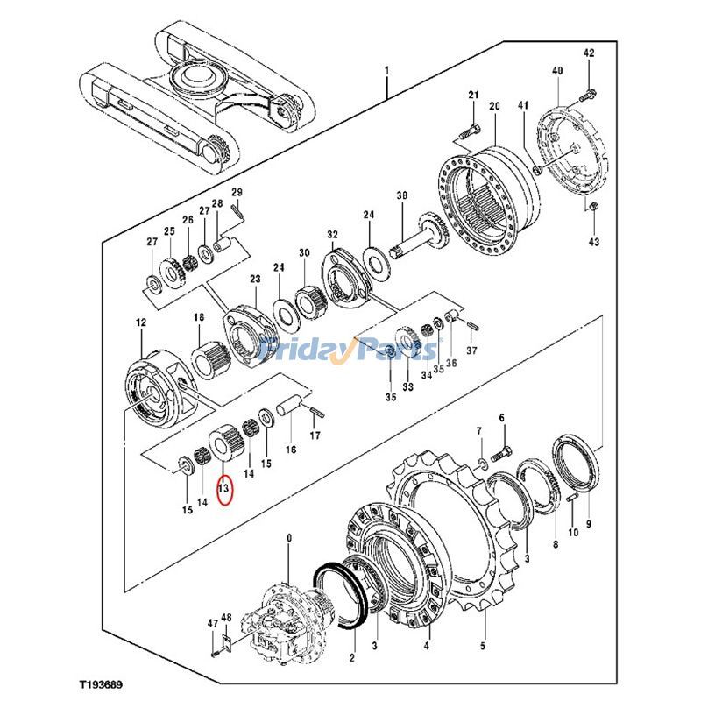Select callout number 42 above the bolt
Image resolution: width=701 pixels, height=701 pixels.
click(x=589, y=53)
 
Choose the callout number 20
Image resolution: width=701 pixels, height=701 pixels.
click(x=494, y=106)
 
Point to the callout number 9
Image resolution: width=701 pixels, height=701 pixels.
click(x=589, y=524)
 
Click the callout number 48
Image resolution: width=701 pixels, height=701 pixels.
click(x=226, y=618)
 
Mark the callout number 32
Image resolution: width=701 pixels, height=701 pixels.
click(x=332, y=235)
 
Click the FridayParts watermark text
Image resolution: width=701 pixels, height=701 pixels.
click(x=350, y=351)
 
